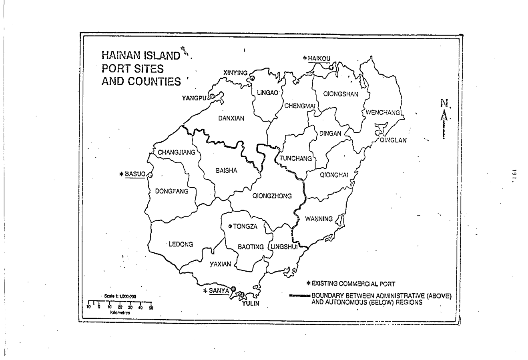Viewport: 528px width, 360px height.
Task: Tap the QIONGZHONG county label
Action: pos(272,196)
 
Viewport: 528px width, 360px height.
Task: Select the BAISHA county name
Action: pos(227,170)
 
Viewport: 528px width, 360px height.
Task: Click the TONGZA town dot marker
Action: pos(230,227)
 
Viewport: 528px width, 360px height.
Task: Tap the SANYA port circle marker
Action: pos(233,290)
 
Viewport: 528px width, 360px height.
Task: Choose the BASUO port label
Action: pos(135,174)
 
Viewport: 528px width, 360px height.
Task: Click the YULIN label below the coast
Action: pos(251,303)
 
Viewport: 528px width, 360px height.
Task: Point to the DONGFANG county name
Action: pos(171,191)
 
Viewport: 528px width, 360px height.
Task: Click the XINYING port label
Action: pos(235,73)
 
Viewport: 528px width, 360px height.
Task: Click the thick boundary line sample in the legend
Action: pos(299,296)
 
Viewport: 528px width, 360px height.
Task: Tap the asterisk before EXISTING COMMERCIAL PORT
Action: pos(309,284)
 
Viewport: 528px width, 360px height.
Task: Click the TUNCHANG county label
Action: pos(296,158)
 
